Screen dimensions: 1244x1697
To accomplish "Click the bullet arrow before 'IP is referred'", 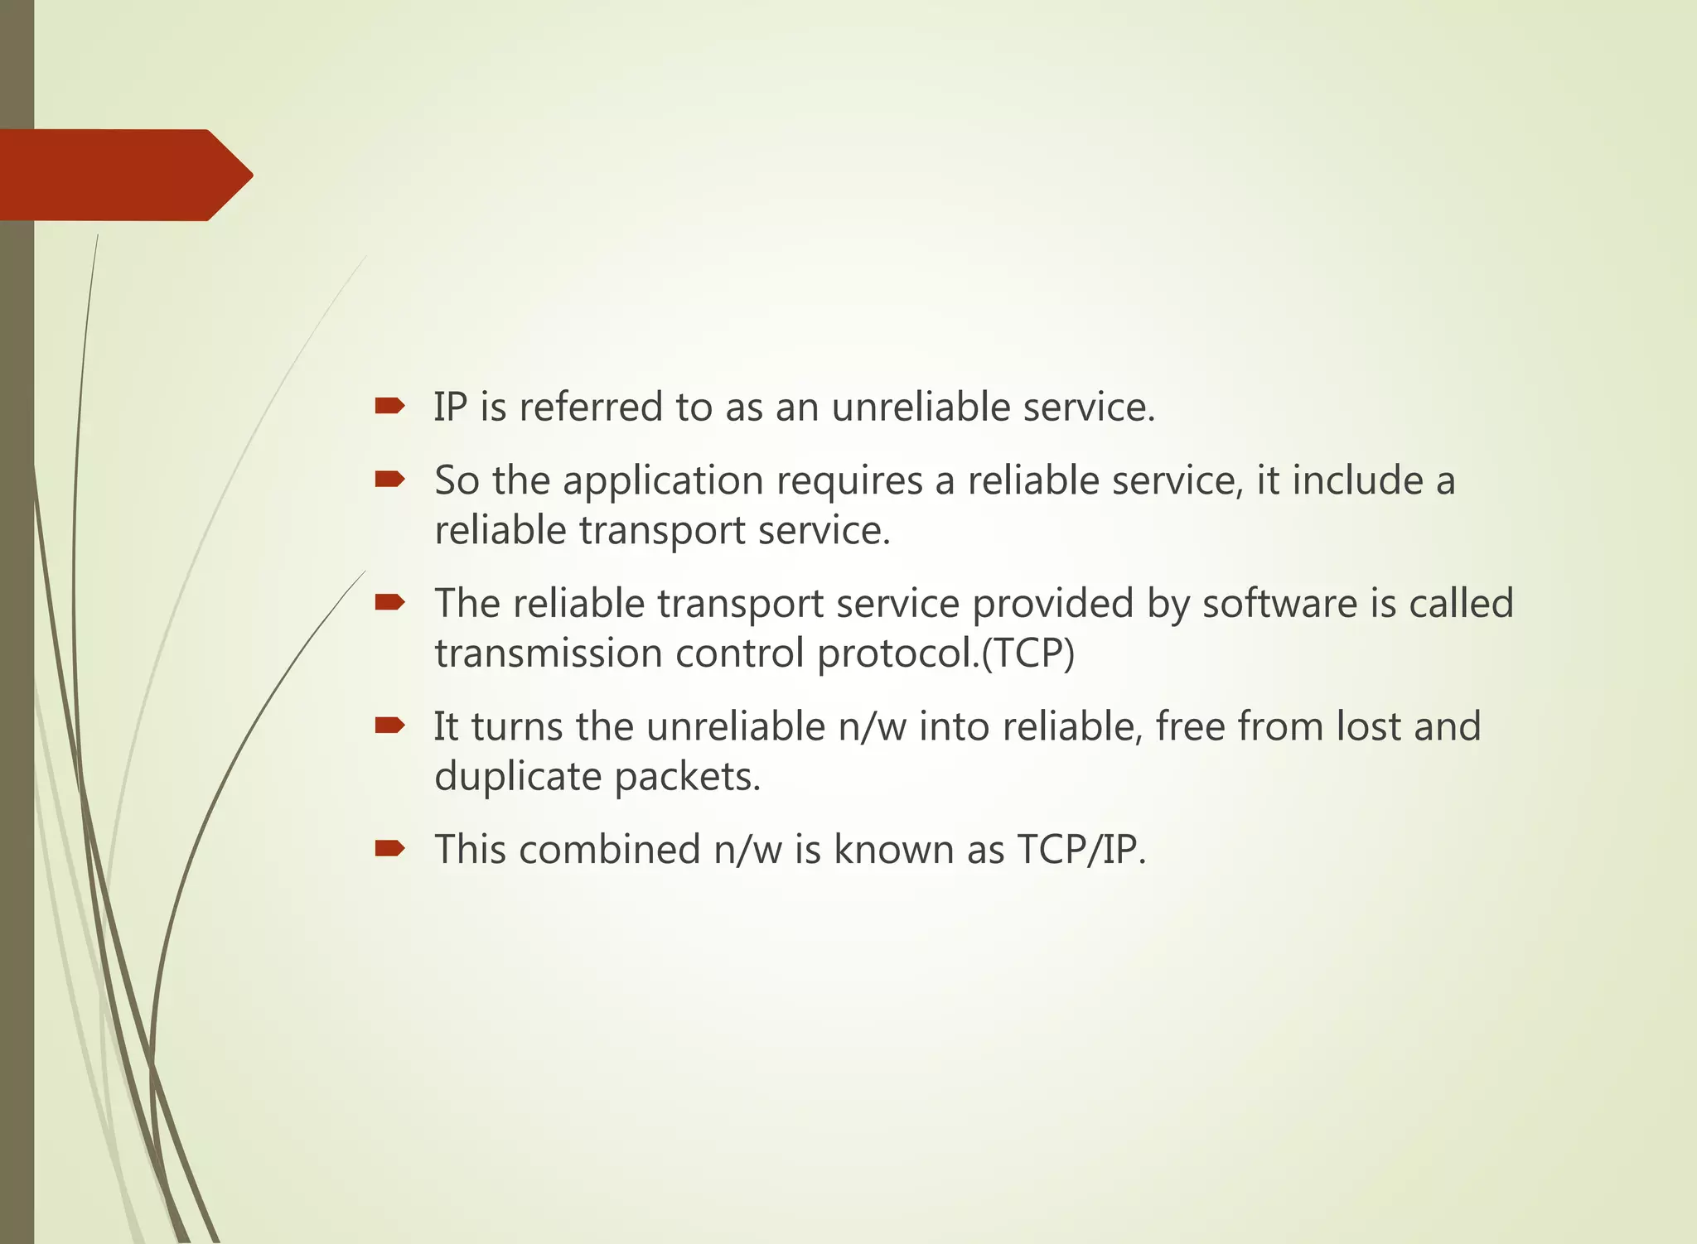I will [x=389, y=406].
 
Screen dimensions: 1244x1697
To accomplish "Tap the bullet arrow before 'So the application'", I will [x=389, y=479].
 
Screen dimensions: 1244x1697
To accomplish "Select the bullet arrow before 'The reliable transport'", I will [x=389, y=602].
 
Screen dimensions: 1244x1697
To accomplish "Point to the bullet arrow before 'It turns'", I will [x=389, y=726].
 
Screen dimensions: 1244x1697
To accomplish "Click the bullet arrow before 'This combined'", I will [x=389, y=848].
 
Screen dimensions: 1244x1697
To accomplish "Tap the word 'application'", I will [x=663, y=481].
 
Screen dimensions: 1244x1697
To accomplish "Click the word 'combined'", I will [x=610, y=849].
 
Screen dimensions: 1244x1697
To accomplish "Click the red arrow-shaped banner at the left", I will [x=124, y=175].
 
